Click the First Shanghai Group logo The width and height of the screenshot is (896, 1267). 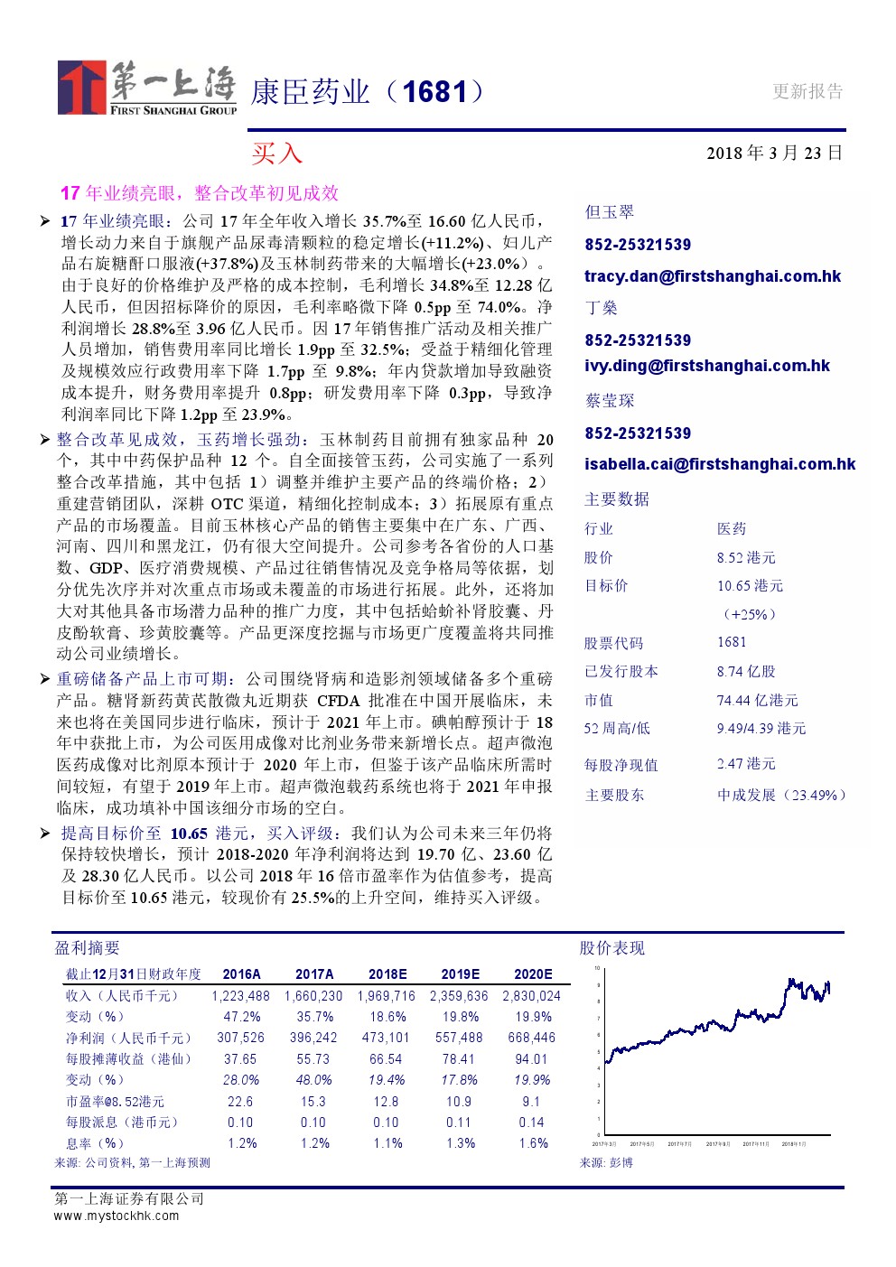tap(147, 88)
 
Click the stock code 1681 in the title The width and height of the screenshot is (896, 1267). tap(434, 91)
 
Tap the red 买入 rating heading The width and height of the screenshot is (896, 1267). tap(276, 154)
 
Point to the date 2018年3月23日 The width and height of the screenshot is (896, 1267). tap(774, 153)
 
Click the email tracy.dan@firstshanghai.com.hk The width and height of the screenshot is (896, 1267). tap(713, 276)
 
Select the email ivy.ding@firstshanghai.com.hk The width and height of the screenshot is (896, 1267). tap(707, 366)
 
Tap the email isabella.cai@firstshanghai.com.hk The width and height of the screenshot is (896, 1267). tap(720, 464)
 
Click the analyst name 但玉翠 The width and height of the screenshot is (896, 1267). tap(610, 212)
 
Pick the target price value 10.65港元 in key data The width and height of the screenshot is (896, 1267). tap(750, 586)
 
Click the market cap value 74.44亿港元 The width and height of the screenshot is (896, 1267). tap(757, 700)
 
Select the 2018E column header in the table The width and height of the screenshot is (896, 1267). tap(387, 974)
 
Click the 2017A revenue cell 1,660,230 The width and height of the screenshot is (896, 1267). tap(313, 996)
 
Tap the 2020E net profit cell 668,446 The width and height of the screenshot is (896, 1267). tap(531, 1038)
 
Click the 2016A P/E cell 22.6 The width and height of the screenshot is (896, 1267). tap(240, 1102)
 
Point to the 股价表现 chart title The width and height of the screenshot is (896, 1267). tap(612, 948)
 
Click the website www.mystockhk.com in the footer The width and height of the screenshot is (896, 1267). tap(117, 1216)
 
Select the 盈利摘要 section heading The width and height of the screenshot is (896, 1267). tap(88, 948)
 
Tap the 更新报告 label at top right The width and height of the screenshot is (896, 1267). tap(807, 91)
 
